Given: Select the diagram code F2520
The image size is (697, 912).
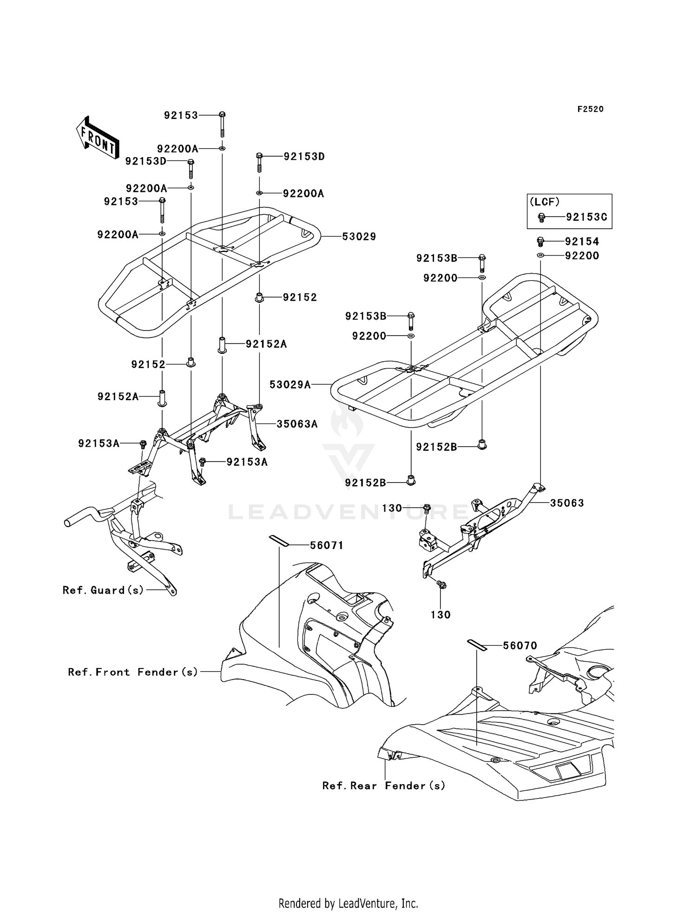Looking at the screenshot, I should [x=590, y=109].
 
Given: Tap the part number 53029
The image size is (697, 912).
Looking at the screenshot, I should [x=359, y=237].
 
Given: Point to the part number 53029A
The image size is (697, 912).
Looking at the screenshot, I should [x=290, y=384].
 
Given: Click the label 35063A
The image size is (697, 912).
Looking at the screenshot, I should [x=297, y=424].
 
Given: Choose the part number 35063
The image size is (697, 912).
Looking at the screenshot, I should [x=567, y=503].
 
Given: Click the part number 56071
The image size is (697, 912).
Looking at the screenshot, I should [x=327, y=545].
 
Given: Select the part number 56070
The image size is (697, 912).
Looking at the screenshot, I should [x=520, y=646].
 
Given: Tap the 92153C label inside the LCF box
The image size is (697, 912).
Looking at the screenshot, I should [x=586, y=217].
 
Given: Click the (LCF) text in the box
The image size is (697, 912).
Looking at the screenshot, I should [x=545, y=202].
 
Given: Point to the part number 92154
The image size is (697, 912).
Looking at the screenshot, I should [x=582, y=242].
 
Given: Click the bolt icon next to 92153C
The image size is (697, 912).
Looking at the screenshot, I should [x=541, y=217].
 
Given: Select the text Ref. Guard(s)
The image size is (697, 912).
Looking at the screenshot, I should [x=103, y=590].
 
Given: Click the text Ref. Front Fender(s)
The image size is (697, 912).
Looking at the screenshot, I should [x=133, y=672].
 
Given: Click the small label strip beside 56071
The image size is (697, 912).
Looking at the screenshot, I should [x=279, y=541].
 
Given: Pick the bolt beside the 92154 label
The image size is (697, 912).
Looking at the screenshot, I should [x=540, y=242].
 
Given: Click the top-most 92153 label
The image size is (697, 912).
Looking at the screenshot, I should [x=181, y=115].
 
